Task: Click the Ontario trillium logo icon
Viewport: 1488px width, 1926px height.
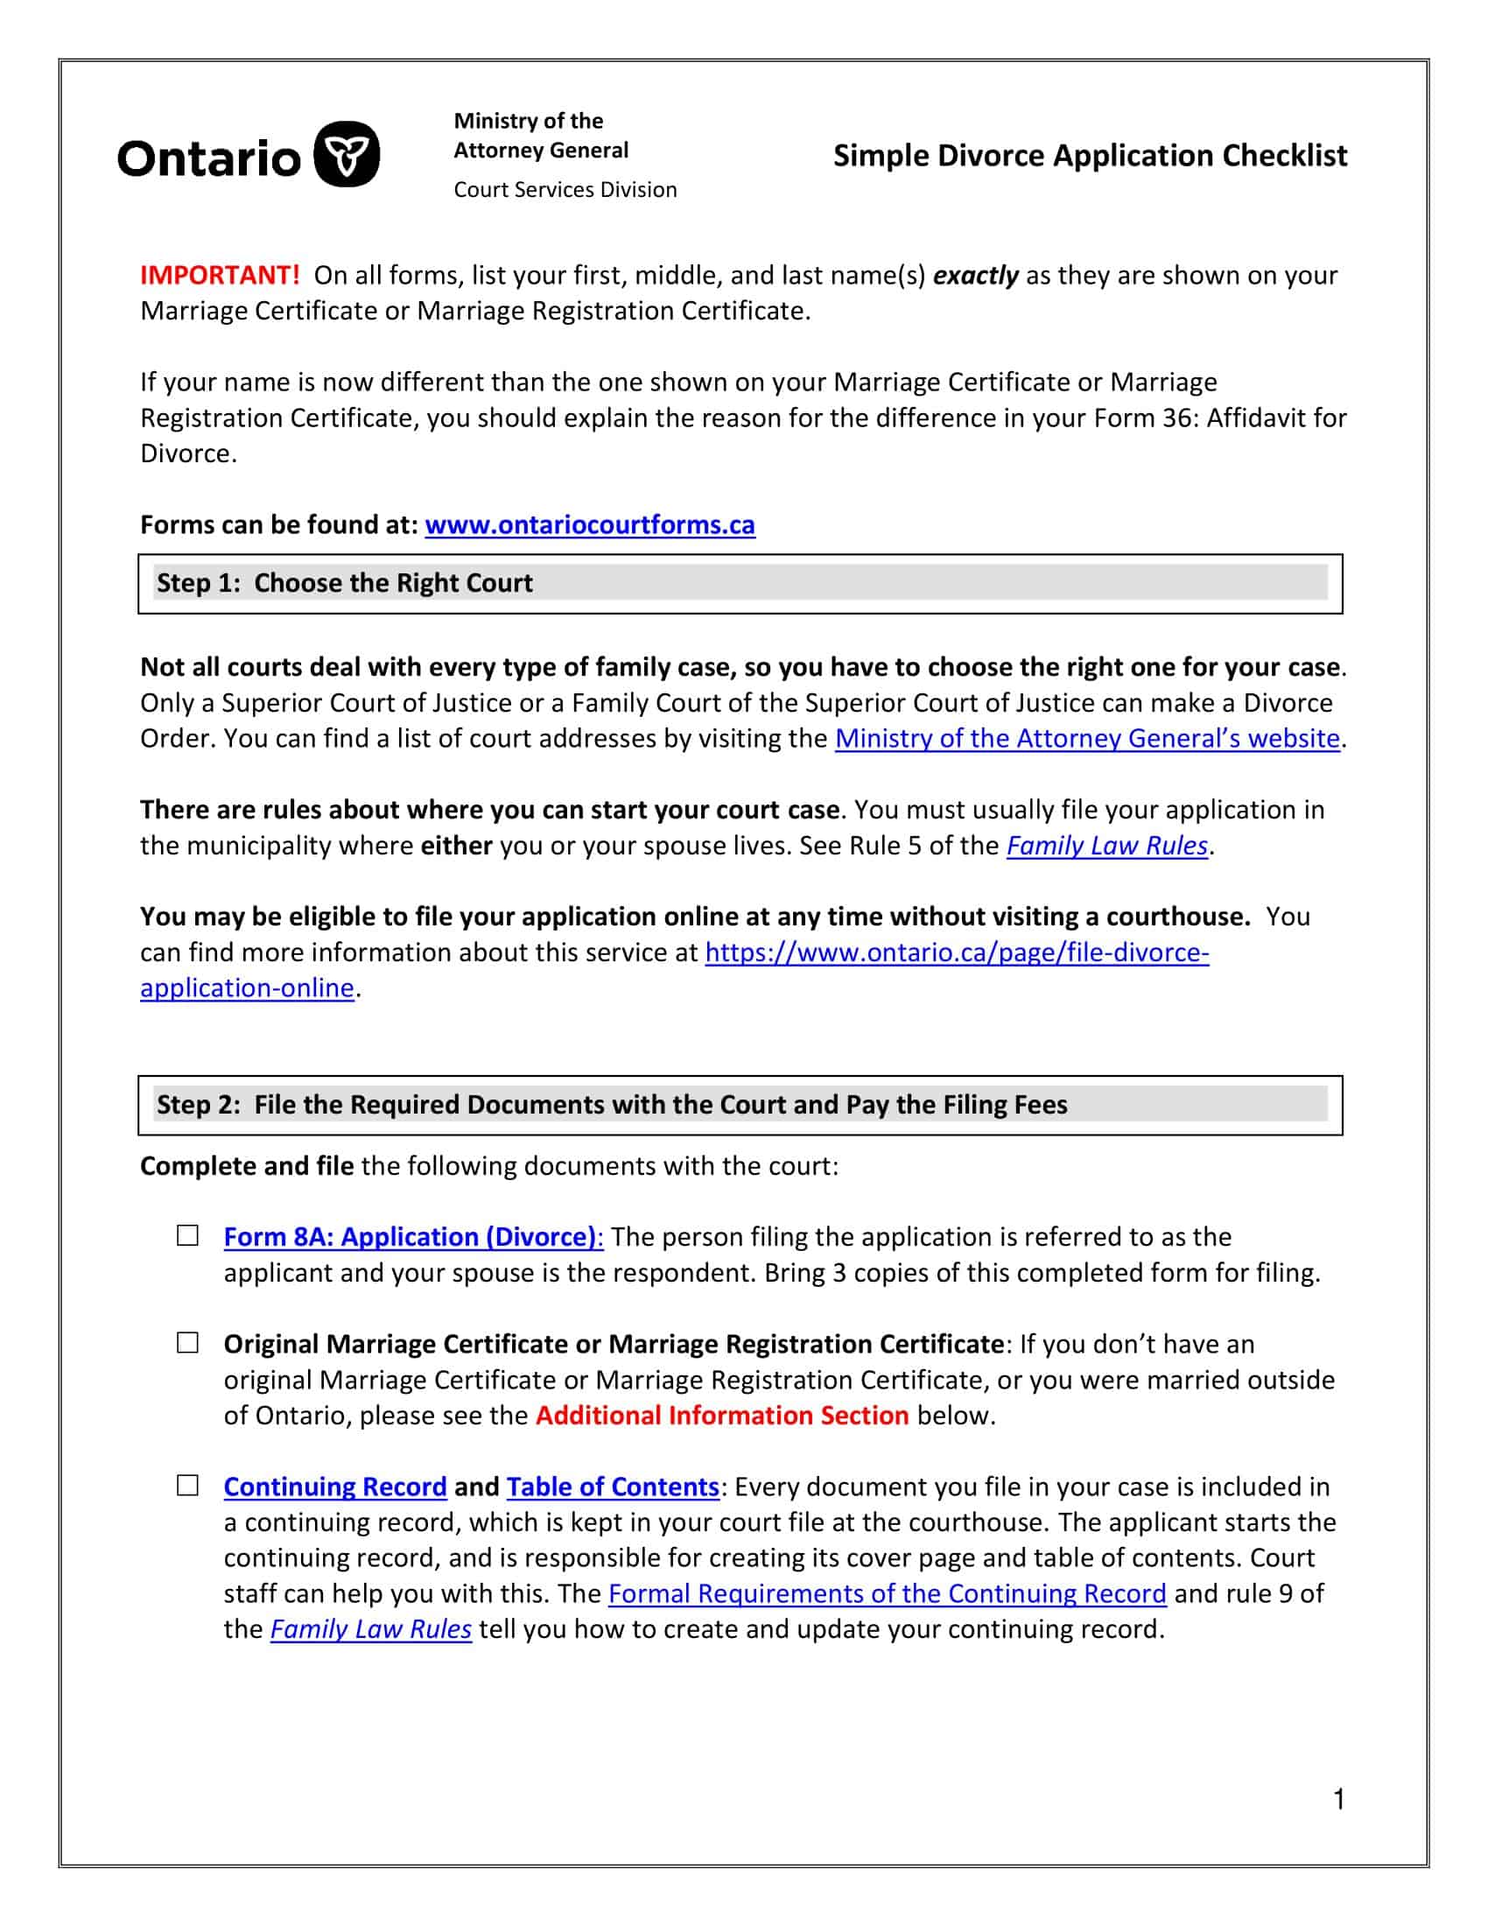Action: click(347, 154)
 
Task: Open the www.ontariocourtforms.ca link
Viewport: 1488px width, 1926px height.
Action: click(590, 524)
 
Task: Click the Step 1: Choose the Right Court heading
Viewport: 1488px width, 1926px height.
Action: click(345, 583)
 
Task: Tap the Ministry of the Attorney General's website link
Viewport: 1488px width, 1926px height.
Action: click(1087, 738)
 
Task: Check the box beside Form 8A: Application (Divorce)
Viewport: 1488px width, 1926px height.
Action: click(188, 1235)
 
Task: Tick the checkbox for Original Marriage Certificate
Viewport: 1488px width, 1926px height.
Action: click(188, 1343)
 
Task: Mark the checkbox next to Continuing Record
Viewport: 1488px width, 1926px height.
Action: click(188, 1486)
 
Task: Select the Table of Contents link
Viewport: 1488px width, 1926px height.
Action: click(613, 1487)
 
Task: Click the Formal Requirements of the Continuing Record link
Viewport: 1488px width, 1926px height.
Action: click(887, 1593)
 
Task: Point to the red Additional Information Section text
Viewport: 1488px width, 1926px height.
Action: click(722, 1416)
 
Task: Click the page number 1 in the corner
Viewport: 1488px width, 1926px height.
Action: click(1339, 1799)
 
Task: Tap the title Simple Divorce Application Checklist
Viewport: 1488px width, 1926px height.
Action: click(1090, 156)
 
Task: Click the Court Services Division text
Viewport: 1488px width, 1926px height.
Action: click(565, 190)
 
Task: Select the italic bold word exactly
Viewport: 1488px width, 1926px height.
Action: click(975, 276)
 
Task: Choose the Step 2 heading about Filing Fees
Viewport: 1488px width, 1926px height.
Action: click(612, 1105)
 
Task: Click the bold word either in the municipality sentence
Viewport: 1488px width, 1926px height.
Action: click(456, 846)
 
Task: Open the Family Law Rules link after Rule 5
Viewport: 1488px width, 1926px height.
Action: click(1106, 846)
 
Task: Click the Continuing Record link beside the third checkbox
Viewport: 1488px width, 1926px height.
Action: click(335, 1487)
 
